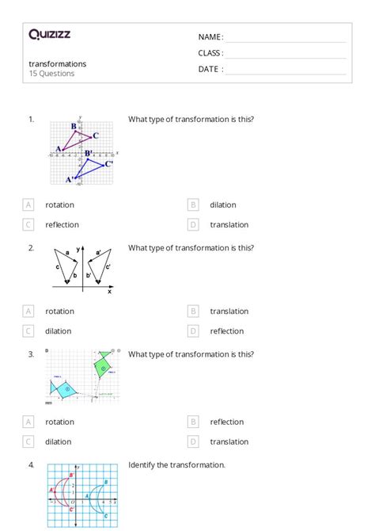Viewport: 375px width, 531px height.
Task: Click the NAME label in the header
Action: click(x=210, y=37)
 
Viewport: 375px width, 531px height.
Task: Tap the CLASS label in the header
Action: click(x=210, y=53)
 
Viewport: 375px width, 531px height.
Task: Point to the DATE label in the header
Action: click(x=210, y=69)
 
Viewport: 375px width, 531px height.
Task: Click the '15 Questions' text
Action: click(x=51, y=74)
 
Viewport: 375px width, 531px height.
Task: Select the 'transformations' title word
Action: click(x=58, y=63)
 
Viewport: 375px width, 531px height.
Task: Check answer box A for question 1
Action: click(x=28, y=204)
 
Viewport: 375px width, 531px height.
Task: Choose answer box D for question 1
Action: click(x=193, y=224)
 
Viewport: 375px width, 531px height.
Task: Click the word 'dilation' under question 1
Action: click(x=222, y=204)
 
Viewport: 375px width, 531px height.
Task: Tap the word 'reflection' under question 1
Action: click(x=62, y=224)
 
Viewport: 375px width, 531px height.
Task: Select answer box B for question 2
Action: click(x=193, y=311)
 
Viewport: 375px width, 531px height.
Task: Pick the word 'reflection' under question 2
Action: click(x=227, y=331)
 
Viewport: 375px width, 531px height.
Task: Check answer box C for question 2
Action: click(x=28, y=331)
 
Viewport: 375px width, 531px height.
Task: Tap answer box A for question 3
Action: click(x=28, y=422)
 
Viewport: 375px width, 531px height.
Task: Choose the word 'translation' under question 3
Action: click(x=229, y=442)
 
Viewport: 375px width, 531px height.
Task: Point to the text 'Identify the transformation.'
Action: click(x=176, y=465)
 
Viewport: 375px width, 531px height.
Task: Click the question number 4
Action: click(x=31, y=465)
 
